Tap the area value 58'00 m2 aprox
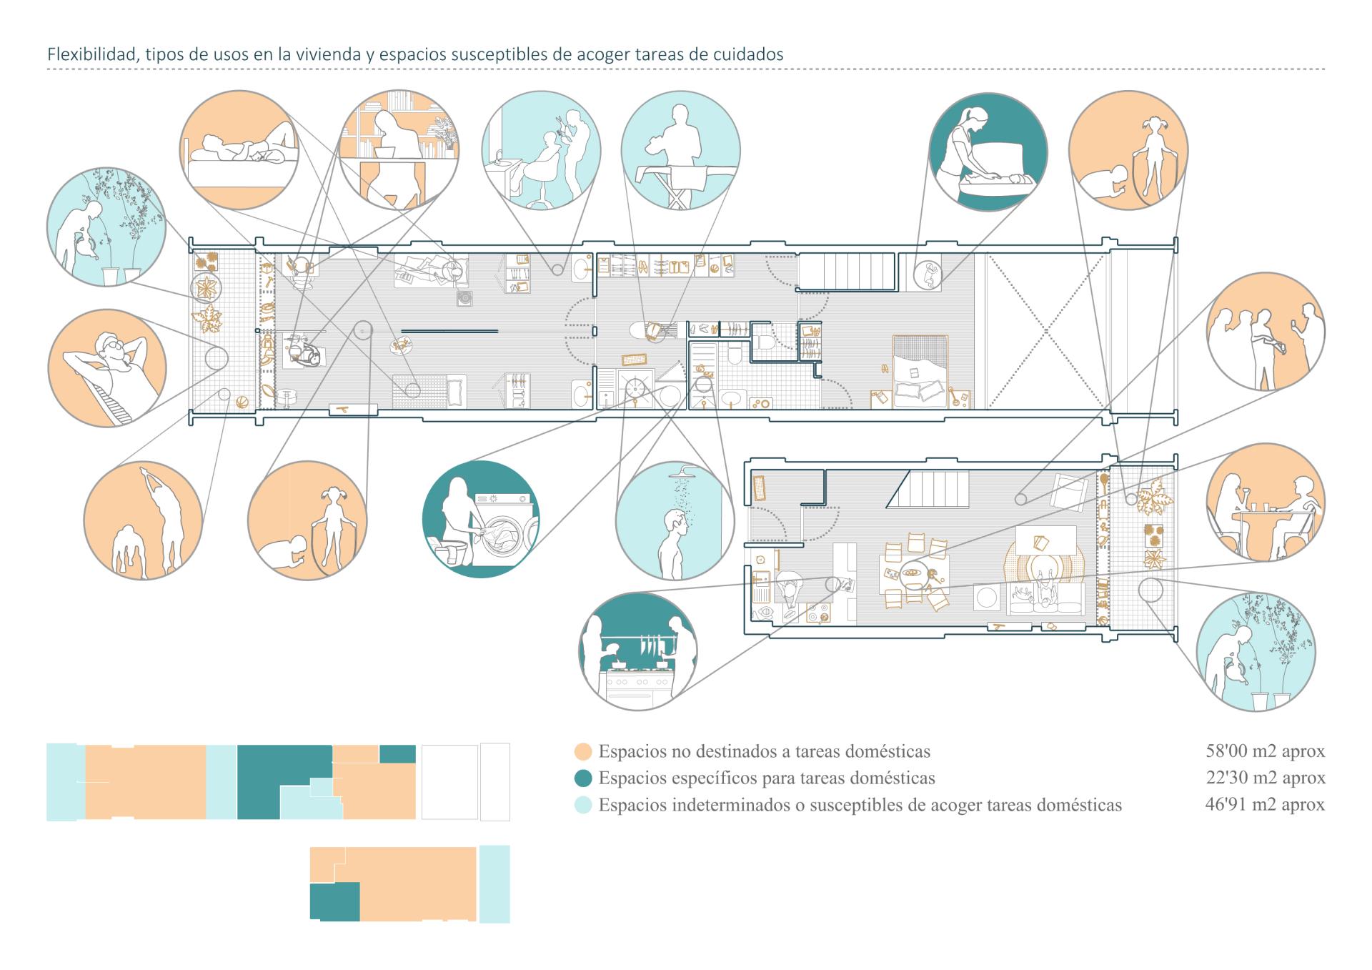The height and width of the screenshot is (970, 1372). [1264, 751]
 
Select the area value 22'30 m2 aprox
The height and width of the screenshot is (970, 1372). [1264, 778]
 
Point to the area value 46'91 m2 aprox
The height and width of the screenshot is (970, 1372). [1264, 805]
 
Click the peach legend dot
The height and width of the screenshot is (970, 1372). [583, 752]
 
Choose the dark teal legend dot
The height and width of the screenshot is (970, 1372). [583, 778]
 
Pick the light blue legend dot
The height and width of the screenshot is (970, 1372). [583, 806]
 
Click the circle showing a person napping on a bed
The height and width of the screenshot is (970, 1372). [239, 150]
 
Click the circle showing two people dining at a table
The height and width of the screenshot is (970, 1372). [1265, 503]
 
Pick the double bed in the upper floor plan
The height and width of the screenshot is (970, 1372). [920, 370]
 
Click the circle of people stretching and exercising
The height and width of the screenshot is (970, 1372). [143, 520]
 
